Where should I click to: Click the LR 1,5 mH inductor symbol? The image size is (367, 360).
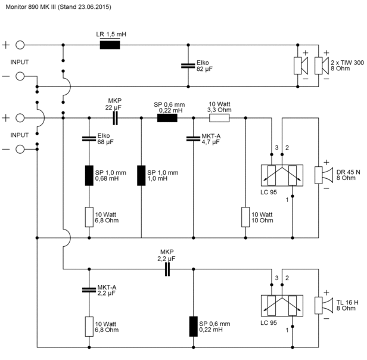pyautogui.click(x=110, y=45)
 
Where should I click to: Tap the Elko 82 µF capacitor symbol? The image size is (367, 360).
pyautogui.click(x=188, y=66)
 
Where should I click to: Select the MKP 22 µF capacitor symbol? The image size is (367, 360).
pyautogui.click(x=115, y=118)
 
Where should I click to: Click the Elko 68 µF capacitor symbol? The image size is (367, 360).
pyautogui.click(x=89, y=139)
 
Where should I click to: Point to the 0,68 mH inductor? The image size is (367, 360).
pyautogui.click(x=89, y=176)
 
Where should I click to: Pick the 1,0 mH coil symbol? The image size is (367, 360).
pyautogui.click(x=141, y=176)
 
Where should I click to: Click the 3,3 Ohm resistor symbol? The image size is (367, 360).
pyautogui.click(x=219, y=118)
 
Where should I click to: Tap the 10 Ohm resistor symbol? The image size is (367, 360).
pyautogui.click(x=245, y=217)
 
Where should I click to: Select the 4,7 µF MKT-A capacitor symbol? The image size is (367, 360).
pyautogui.click(x=193, y=139)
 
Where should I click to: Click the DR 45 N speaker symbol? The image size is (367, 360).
pyautogui.click(x=324, y=175)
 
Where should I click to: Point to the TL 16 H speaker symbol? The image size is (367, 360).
pyautogui.click(x=324, y=305)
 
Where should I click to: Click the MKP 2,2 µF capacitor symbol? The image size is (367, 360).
pyautogui.click(x=167, y=269)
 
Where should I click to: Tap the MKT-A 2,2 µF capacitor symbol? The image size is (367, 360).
pyautogui.click(x=89, y=290)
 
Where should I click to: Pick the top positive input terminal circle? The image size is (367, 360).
pyautogui.click(x=20, y=45)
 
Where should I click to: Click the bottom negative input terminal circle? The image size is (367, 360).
pyautogui.click(x=20, y=149)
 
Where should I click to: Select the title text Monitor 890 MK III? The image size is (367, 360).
pyautogui.click(x=30, y=7)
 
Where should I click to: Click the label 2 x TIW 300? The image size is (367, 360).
pyautogui.click(x=347, y=63)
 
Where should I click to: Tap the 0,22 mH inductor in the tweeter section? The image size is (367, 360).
pyautogui.click(x=193, y=327)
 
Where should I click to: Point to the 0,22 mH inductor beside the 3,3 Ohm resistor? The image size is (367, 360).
pyautogui.click(x=167, y=118)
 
